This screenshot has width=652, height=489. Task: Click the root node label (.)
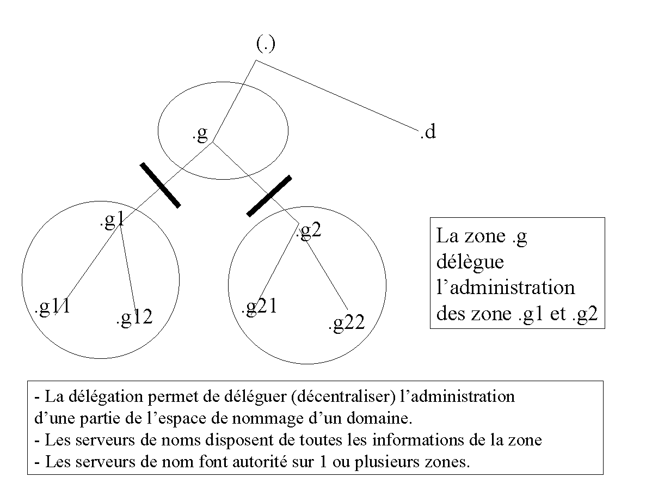(266, 44)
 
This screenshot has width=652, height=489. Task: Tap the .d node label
(428, 132)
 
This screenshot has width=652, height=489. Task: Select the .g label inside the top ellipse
(200, 133)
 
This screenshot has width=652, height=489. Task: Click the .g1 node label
(112, 220)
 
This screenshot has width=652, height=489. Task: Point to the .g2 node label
(309, 230)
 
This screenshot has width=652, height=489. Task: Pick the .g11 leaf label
(52, 308)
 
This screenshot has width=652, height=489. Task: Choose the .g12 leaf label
(135, 317)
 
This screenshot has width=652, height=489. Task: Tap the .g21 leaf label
(260, 307)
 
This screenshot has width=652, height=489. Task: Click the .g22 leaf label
(347, 323)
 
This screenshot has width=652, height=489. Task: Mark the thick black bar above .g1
(161, 185)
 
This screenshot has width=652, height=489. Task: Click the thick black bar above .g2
(269, 196)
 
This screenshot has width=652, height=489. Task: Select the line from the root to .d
(337, 95)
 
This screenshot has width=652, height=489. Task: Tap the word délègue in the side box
(470, 262)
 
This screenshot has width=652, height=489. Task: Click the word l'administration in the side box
(506, 288)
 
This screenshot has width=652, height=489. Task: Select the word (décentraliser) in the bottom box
(343, 396)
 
